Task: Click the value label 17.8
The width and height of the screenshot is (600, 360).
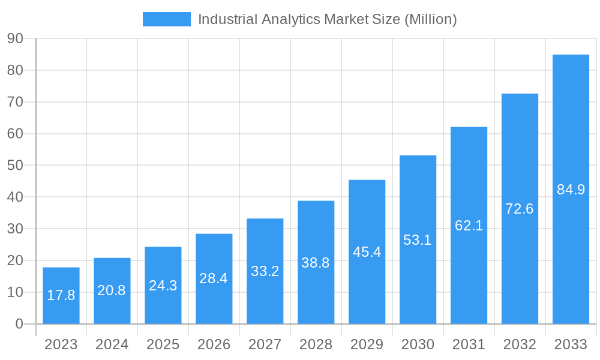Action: click(x=61, y=295)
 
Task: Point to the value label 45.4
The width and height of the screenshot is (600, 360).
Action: click(x=367, y=252)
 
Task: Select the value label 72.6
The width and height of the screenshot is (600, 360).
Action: click(x=520, y=209)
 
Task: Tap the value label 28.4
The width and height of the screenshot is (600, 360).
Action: click(x=214, y=278)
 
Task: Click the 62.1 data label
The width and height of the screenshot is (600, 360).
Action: click(x=469, y=226)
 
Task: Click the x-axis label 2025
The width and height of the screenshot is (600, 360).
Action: click(x=163, y=344)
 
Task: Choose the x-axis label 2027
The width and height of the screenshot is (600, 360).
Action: click(x=265, y=344)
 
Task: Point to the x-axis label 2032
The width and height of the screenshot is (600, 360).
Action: click(x=520, y=344)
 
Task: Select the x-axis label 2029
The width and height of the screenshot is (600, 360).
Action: click(x=367, y=344)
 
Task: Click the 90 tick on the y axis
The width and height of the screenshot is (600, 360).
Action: click(x=15, y=38)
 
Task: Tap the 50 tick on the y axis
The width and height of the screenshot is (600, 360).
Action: click(x=15, y=165)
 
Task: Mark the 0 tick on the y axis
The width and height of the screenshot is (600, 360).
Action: click(x=19, y=324)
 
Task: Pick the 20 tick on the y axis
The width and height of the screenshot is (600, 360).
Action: click(x=15, y=260)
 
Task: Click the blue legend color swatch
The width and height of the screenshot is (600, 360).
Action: click(x=167, y=19)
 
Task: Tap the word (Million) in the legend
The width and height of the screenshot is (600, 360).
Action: click(x=431, y=19)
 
